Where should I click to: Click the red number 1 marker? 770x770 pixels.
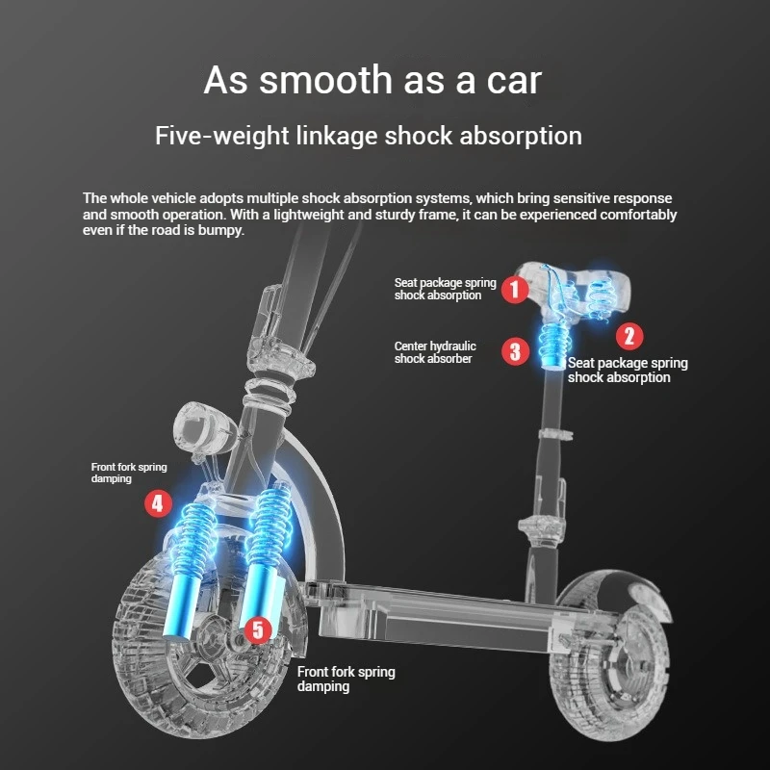click(516, 288)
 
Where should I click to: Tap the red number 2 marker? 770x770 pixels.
click(629, 335)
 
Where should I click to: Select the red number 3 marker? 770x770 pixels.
click(516, 351)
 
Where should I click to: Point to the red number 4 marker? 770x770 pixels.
click(159, 502)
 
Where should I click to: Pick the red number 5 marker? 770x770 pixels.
click(257, 630)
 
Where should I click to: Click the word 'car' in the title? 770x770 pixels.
click(512, 81)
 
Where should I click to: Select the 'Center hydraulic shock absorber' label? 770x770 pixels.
click(435, 352)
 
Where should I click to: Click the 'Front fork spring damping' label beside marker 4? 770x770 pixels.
click(129, 473)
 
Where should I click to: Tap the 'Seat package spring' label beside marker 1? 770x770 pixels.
click(445, 289)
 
